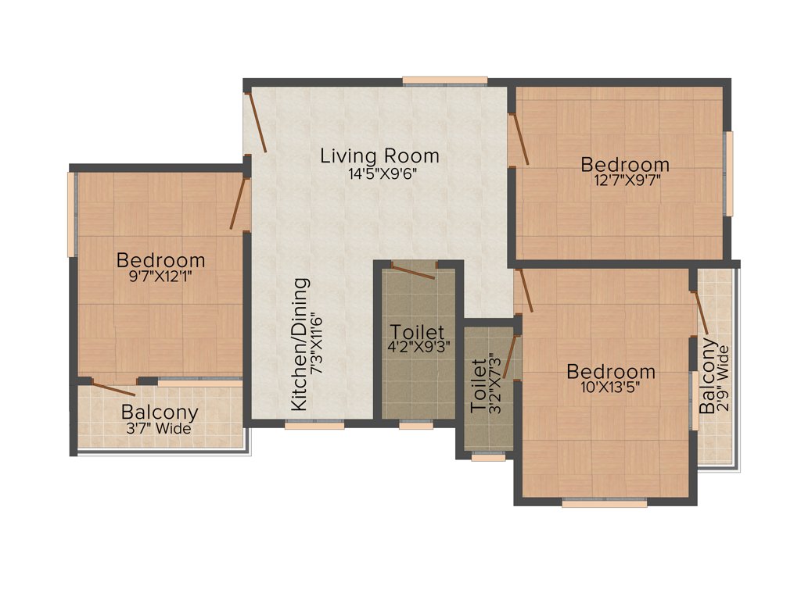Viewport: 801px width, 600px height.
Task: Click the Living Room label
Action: [379, 155]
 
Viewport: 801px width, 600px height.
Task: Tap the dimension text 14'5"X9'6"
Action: [379, 173]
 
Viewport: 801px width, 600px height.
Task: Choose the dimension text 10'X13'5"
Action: [611, 388]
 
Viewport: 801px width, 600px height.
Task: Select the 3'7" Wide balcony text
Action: [160, 428]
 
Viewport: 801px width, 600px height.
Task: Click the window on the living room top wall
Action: [445, 80]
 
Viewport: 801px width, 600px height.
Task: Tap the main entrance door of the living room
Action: [256, 122]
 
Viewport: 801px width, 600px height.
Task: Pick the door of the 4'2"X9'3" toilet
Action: [414, 271]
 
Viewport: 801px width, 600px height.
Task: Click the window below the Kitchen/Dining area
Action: [314, 426]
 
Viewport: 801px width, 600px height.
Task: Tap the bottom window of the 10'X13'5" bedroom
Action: [604, 504]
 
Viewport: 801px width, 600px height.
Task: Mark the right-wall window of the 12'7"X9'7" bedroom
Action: [729, 173]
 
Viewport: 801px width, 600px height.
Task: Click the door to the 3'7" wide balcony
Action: [114, 386]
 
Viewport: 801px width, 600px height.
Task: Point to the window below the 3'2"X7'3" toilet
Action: [488, 459]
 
